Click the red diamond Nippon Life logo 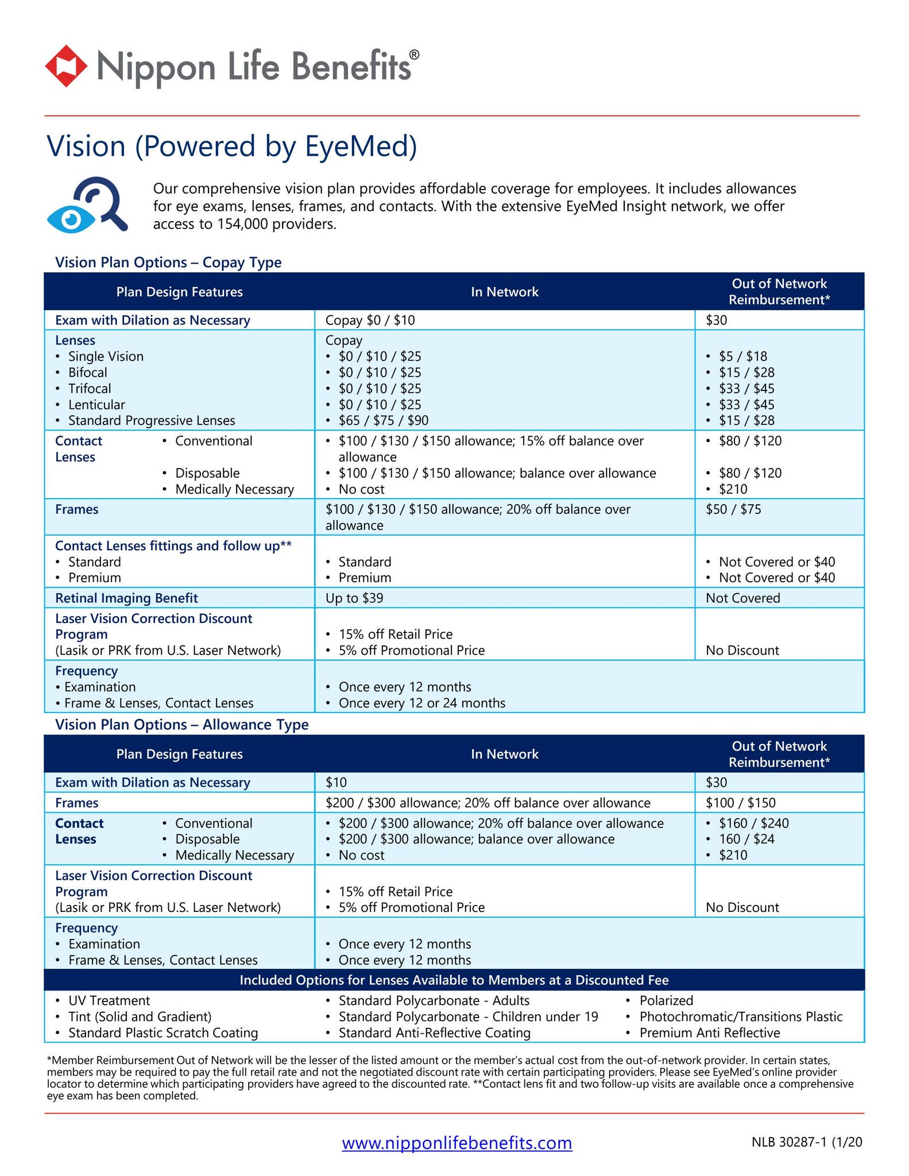(66, 66)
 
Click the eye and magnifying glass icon (87, 205)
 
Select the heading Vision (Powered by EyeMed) (231, 146)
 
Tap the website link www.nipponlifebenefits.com (457, 1142)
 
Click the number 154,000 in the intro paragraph (242, 224)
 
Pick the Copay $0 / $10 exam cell (370, 320)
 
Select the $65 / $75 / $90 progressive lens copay (383, 420)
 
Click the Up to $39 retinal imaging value (354, 598)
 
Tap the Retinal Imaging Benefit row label (126, 598)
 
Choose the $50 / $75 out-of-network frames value (733, 509)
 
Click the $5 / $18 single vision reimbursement (742, 356)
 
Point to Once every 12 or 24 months (421, 703)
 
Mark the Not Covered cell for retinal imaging (742, 598)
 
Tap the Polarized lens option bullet (666, 1000)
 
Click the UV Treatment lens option (109, 1000)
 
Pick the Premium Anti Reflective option (710, 1032)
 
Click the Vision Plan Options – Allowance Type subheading (181, 725)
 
